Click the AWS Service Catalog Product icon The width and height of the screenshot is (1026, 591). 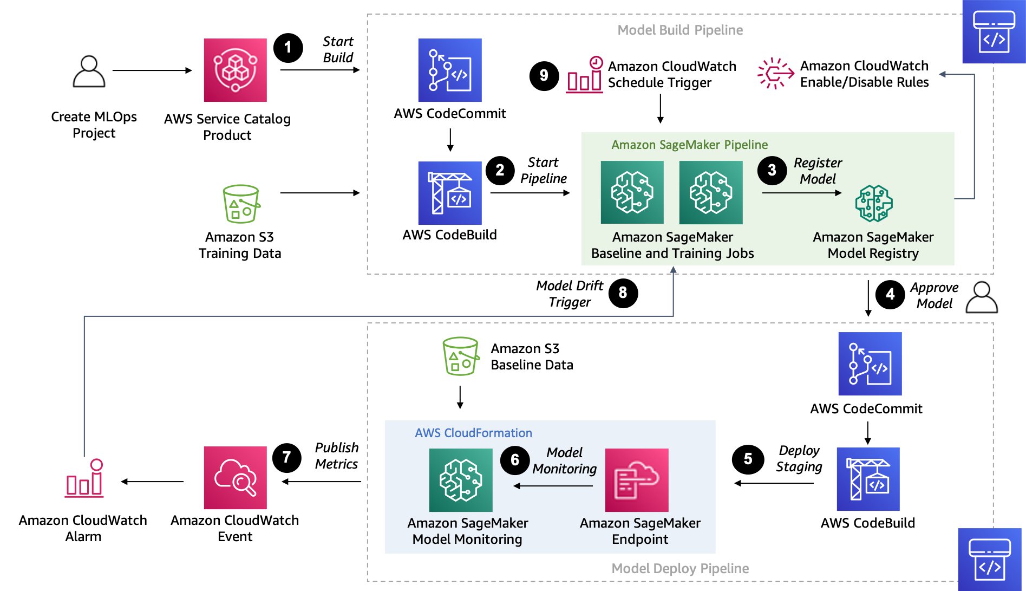(x=235, y=70)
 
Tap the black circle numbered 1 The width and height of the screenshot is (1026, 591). (x=288, y=48)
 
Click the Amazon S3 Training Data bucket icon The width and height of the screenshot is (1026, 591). (x=241, y=204)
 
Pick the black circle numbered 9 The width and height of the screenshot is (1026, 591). (x=544, y=75)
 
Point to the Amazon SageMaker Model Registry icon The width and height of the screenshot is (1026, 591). (x=873, y=204)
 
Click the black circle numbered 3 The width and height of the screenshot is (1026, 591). (x=772, y=170)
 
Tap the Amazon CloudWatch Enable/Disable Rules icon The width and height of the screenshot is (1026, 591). (x=775, y=73)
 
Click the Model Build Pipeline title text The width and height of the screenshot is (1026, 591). (x=680, y=30)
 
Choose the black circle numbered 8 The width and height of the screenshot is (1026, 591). (x=623, y=293)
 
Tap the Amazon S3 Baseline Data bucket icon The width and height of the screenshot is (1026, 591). (x=461, y=356)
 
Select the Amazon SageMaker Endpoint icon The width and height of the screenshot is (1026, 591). (x=637, y=480)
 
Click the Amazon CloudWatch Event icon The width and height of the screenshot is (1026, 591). (x=235, y=477)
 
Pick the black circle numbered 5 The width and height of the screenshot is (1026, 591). (x=748, y=459)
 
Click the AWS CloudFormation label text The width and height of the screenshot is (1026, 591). (x=473, y=433)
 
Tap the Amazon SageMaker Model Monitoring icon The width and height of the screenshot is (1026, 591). (x=461, y=480)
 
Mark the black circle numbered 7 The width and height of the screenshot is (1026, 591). (x=287, y=458)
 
